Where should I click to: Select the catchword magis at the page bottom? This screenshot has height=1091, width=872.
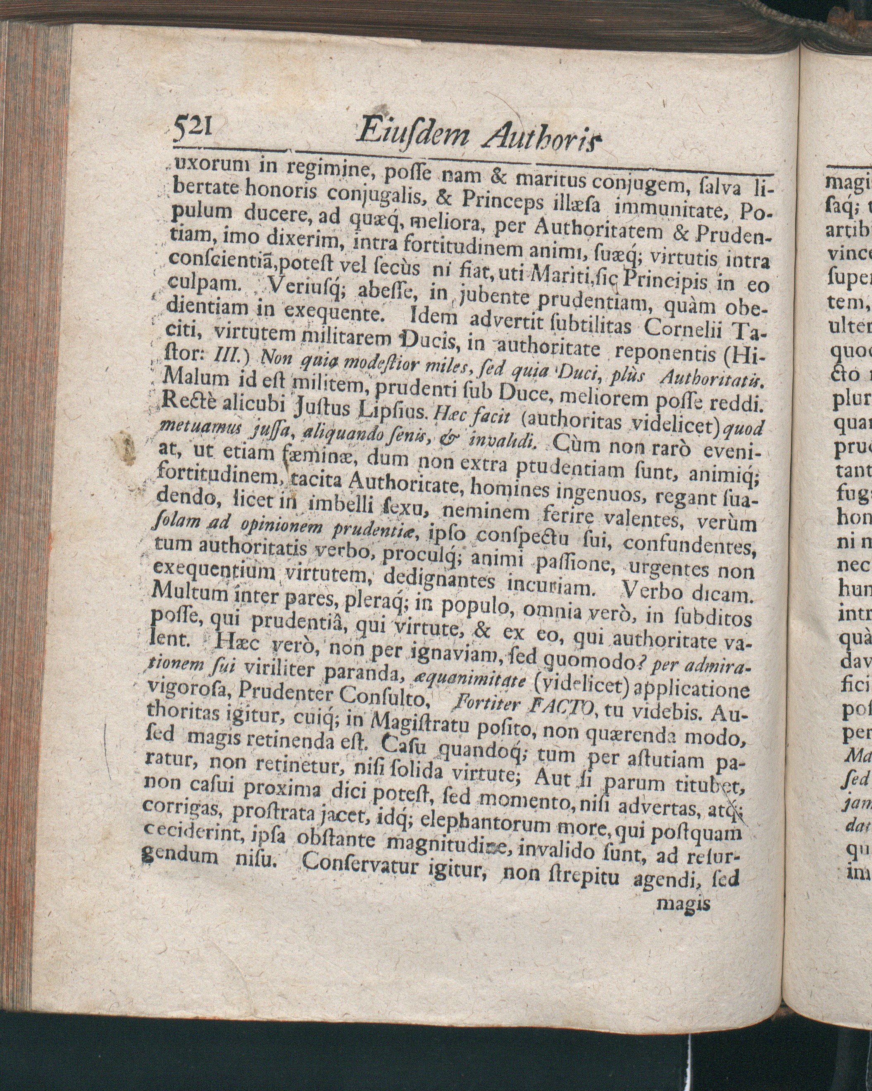pos(683,904)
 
